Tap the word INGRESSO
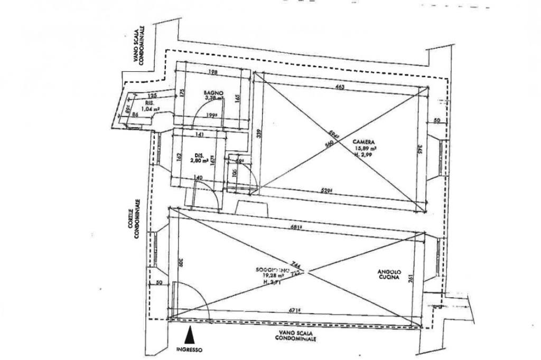pos(189,349)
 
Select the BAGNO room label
pos(214,93)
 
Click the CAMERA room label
pos(364,141)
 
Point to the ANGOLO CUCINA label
pos(388,274)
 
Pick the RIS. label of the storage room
pos(150,103)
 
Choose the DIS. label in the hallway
pos(198,155)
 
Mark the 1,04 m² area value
pos(151,109)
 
